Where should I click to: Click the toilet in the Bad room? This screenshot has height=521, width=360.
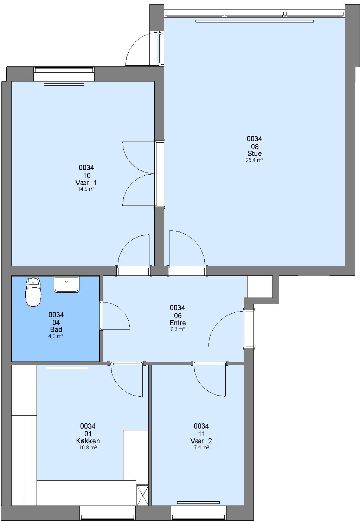33,292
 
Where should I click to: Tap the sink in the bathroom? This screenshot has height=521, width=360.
66,284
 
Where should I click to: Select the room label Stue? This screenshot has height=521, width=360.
254,154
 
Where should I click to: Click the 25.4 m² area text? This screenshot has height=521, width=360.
254,160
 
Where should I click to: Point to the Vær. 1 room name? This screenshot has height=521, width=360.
86,182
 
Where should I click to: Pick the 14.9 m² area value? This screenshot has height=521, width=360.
86,189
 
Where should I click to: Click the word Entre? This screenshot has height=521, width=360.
178,323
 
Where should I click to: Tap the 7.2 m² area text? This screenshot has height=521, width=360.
178,329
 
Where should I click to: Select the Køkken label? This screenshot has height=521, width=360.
88,441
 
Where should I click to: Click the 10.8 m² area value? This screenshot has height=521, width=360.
88,447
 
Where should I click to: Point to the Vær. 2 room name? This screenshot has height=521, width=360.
201,441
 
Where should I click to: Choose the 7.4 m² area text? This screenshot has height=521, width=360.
201,447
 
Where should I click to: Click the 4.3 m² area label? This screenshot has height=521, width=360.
56,336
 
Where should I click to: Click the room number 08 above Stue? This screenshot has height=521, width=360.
255,146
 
